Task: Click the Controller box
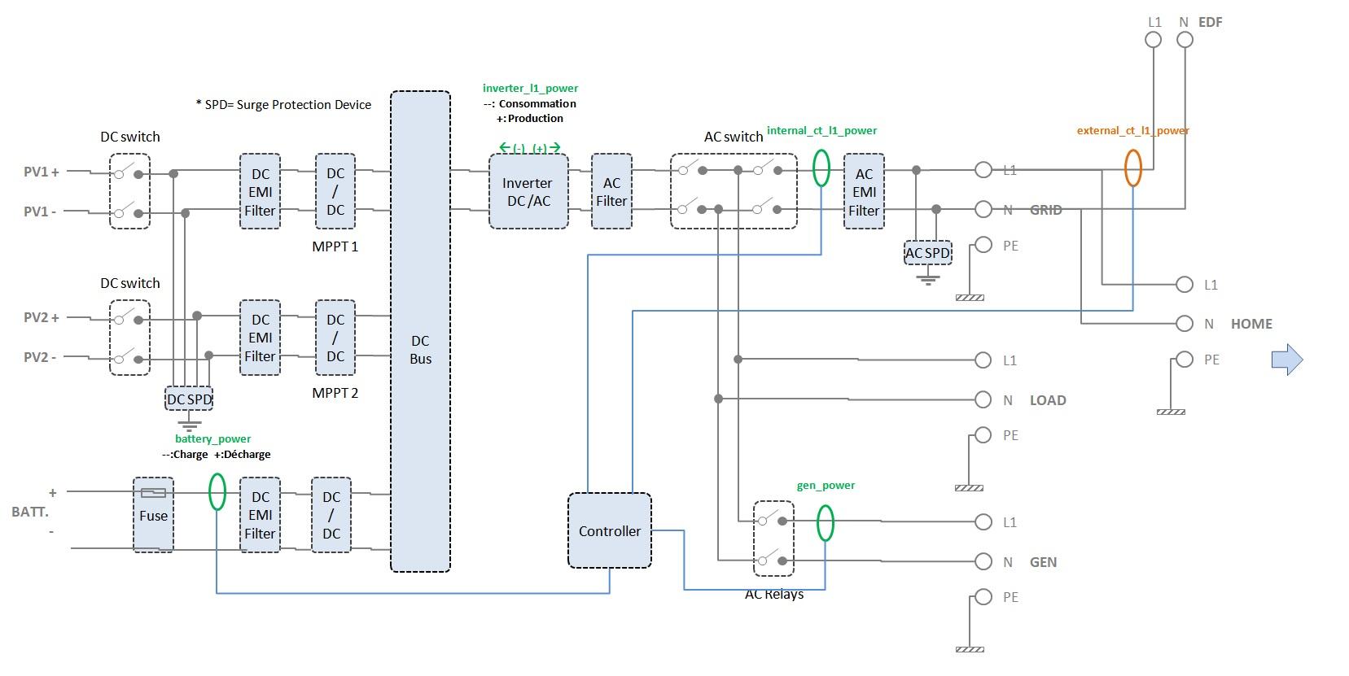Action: pyautogui.click(x=609, y=530)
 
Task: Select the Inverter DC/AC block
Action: pyautogui.click(x=528, y=192)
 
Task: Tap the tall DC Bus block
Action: pyautogui.click(x=420, y=332)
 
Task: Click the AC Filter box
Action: pyautogui.click(x=611, y=192)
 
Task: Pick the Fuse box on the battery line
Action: pyautogui.click(x=153, y=514)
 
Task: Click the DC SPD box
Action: pyautogui.click(x=189, y=399)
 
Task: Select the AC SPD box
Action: pyautogui.click(x=927, y=253)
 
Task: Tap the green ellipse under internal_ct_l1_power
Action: pyautogui.click(x=821, y=168)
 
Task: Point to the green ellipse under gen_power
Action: pyautogui.click(x=825, y=523)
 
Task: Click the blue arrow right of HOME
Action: pyautogui.click(x=1287, y=359)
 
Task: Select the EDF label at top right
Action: pyautogui.click(x=1210, y=22)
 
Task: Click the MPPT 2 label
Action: pyautogui.click(x=335, y=393)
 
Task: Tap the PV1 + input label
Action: pyautogui.click(x=42, y=172)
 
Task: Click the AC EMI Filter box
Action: pyautogui.click(x=864, y=192)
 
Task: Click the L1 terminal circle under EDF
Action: pyautogui.click(x=1154, y=40)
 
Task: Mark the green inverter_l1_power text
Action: pyautogui.click(x=530, y=88)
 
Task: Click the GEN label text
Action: pyautogui.click(x=1043, y=562)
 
